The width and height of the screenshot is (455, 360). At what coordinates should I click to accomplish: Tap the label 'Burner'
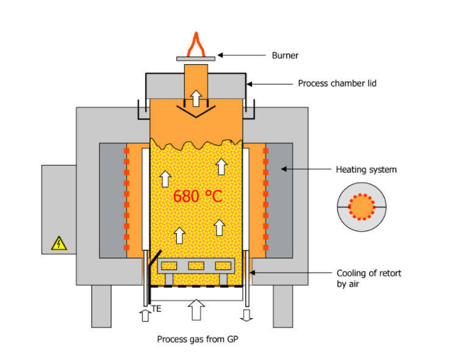coord(285,56)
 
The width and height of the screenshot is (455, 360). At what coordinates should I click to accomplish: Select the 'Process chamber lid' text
coord(337,83)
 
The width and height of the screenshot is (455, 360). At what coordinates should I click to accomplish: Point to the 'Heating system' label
coord(366,170)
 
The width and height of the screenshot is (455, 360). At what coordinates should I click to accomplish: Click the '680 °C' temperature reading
coord(198,197)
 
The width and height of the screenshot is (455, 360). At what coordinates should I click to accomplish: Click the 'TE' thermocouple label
coord(156,310)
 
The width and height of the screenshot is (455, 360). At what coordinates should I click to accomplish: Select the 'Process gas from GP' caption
coord(197,339)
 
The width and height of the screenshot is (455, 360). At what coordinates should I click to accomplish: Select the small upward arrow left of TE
coord(144,315)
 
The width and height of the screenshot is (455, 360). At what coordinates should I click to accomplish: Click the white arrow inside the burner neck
coord(196,97)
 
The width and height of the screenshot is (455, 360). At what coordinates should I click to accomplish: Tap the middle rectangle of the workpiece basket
coord(196,265)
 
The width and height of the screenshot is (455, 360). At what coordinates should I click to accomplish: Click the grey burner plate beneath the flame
coord(196,59)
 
